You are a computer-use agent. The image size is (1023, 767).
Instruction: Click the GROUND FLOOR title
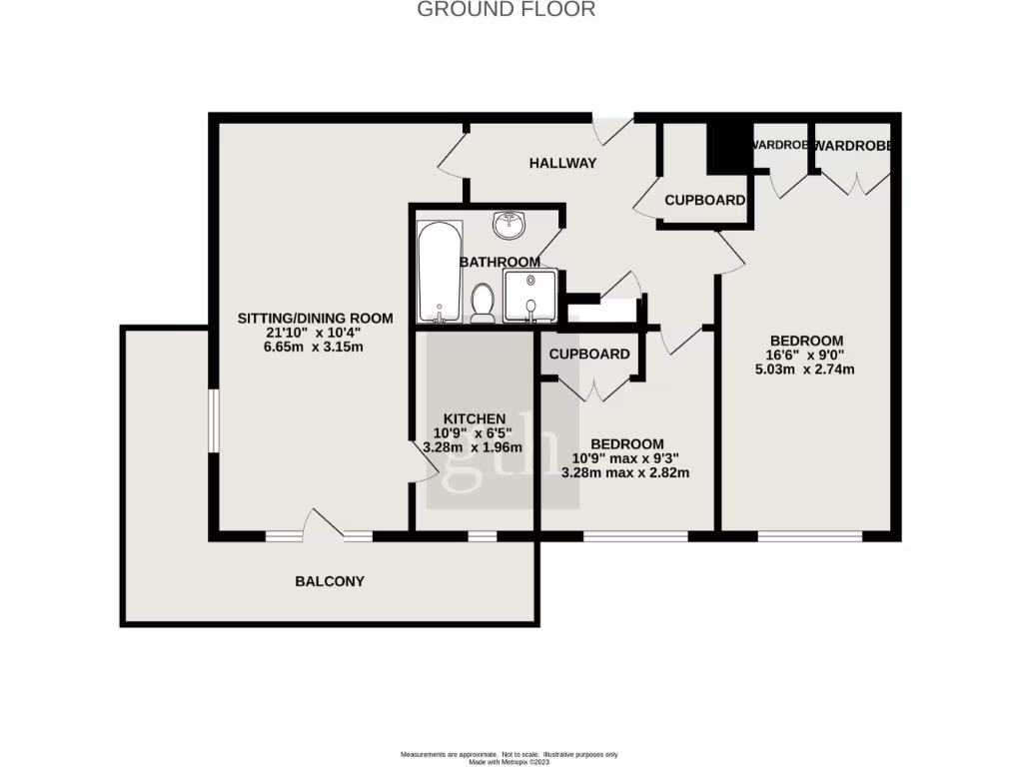pos(506,10)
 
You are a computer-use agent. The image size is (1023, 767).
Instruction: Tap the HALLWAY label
pos(562,163)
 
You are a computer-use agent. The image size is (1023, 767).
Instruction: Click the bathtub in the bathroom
pos(439,270)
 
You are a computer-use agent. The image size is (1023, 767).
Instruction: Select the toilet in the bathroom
pos(484,302)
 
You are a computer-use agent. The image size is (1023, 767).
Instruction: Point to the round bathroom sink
pos(512,224)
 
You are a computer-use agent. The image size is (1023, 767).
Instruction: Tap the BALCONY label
pos(329,581)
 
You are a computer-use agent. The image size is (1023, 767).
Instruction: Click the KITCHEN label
pos(475,418)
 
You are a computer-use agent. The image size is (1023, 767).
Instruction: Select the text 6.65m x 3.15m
pos(315,348)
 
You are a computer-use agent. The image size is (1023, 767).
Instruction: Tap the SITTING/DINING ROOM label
pos(315,318)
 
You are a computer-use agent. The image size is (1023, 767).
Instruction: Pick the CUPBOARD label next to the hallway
pos(704,200)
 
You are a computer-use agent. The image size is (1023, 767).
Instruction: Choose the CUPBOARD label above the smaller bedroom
pos(589,354)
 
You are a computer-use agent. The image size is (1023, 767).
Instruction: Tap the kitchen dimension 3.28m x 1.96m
pos(474,448)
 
